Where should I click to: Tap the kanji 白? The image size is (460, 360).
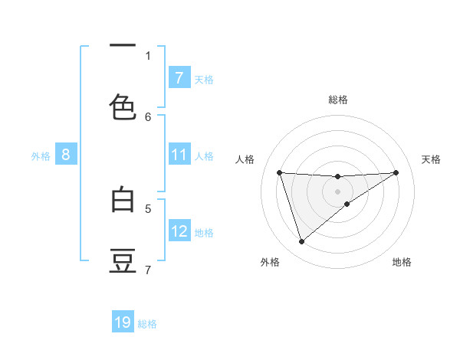click(x=123, y=200)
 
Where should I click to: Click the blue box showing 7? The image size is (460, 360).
click(x=179, y=77)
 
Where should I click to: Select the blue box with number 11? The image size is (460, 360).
click(x=179, y=155)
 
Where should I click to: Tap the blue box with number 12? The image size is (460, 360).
click(x=179, y=231)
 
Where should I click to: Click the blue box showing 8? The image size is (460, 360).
click(x=66, y=155)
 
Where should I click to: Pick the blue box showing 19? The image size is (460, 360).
click(x=123, y=322)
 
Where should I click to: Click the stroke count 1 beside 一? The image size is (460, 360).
click(x=148, y=55)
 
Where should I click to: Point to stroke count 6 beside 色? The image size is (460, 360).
click(x=148, y=116)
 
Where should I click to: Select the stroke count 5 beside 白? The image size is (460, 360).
click(x=148, y=208)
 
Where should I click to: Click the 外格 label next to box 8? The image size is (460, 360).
click(x=41, y=155)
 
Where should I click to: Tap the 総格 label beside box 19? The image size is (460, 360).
click(x=147, y=323)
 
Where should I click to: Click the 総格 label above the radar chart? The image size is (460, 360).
click(x=338, y=100)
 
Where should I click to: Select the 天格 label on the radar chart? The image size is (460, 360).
click(x=431, y=159)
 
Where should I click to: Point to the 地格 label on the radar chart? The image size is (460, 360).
click(x=402, y=262)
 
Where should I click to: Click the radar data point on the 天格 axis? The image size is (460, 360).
click(x=396, y=172)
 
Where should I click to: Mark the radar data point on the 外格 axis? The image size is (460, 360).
click(x=301, y=242)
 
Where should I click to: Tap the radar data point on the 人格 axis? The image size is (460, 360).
click(x=279, y=172)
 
